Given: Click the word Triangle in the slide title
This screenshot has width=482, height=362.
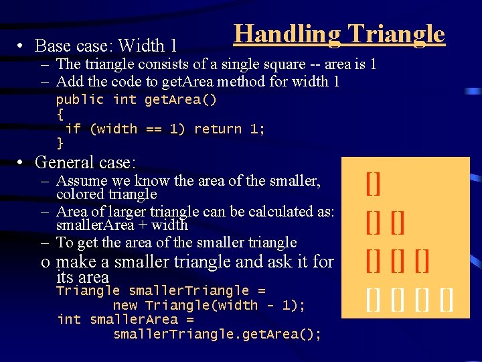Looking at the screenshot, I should pyautogui.click(x=396, y=34).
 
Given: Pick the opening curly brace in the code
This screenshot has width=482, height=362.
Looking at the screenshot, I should pyautogui.click(x=60, y=114).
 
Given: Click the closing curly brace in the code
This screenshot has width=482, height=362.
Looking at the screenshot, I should pyautogui.click(x=60, y=143).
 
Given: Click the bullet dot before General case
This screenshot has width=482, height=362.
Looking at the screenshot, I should pyautogui.click(x=22, y=162).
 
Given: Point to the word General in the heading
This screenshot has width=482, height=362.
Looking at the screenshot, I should pyautogui.click(x=64, y=162).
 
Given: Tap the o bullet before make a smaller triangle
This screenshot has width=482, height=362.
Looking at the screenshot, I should pyautogui.click(x=45, y=262).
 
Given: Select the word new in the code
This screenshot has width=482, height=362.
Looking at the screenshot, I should pyautogui.click(x=125, y=305).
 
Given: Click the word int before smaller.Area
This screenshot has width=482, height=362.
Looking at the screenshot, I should pyautogui.click(x=70, y=319).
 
